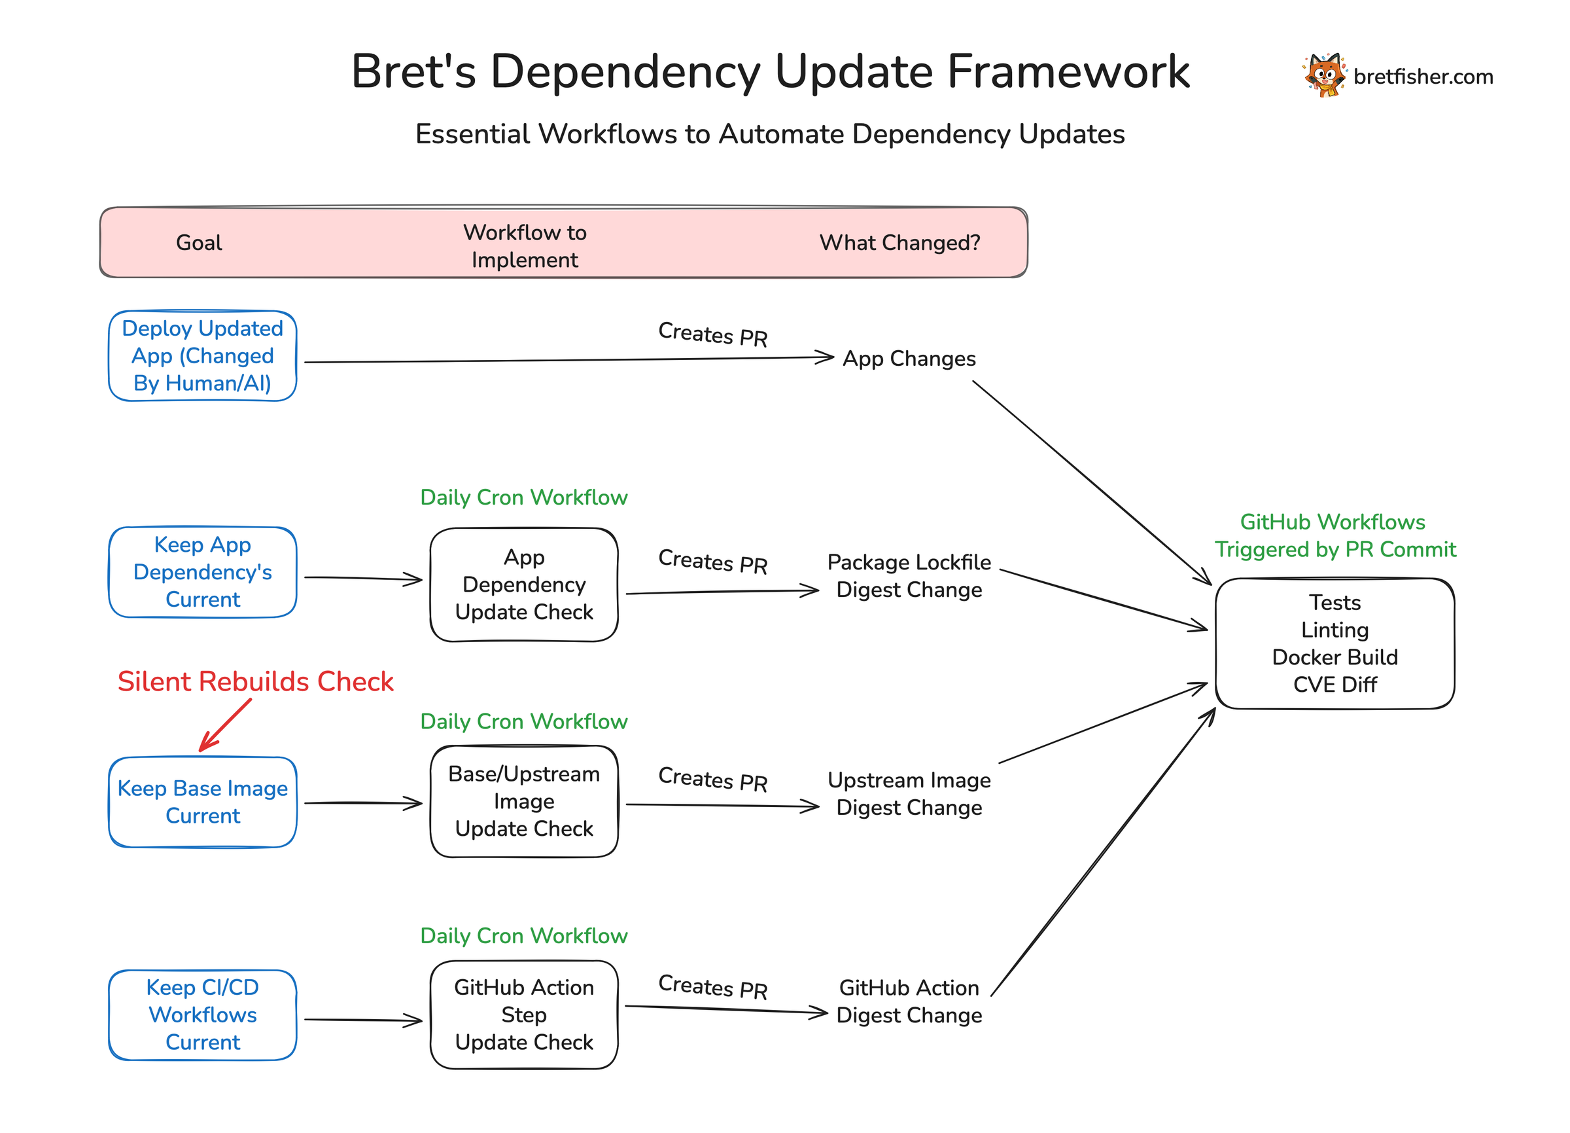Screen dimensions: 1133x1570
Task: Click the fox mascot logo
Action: tap(1324, 75)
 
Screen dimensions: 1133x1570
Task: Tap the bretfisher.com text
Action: tap(1423, 77)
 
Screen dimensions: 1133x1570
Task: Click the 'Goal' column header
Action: tap(199, 243)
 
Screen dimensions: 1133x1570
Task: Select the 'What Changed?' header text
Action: tap(899, 243)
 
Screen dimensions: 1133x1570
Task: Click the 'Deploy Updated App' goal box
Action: tap(203, 356)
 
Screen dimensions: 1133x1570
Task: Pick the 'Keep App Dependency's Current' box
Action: tap(203, 572)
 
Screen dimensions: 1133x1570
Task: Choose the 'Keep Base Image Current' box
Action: tap(203, 802)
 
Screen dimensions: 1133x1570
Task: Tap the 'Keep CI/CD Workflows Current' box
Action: tap(203, 1015)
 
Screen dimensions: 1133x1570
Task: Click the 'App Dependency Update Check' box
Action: tap(524, 584)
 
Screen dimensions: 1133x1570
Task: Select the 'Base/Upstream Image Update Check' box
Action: tap(524, 801)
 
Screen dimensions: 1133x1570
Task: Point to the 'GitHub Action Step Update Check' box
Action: tap(524, 1015)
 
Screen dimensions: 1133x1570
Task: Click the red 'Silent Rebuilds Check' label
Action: tap(255, 682)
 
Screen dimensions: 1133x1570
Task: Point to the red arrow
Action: tap(225, 725)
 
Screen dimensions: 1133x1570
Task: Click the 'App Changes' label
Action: tap(909, 359)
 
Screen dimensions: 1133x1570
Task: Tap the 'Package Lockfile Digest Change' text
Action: tap(909, 576)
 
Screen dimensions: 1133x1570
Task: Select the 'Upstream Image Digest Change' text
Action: tap(909, 794)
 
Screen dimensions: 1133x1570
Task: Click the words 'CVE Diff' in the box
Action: tap(1334, 685)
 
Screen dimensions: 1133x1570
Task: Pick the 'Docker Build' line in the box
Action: tap(1334, 657)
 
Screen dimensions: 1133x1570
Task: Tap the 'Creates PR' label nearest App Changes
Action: tap(713, 335)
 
